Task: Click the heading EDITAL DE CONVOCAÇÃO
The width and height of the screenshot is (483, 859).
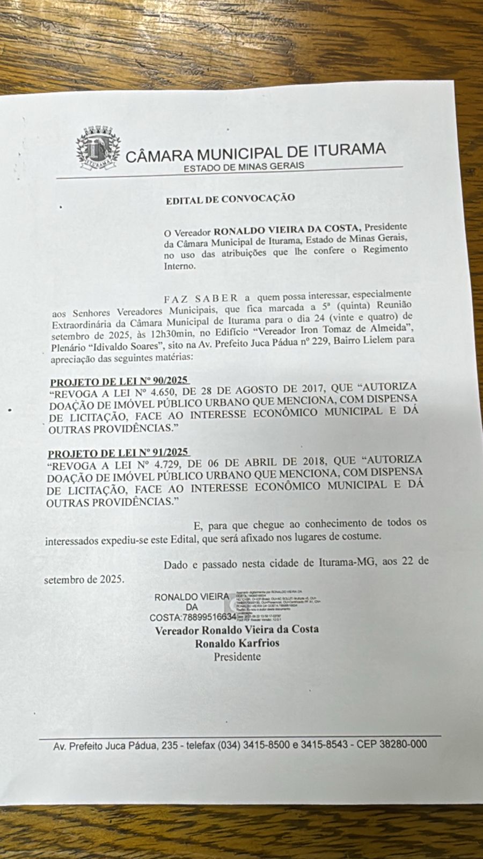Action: (230, 199)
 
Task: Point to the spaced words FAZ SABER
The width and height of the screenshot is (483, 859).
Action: (201, 298)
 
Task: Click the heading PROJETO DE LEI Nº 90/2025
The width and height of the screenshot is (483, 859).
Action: (119, 382)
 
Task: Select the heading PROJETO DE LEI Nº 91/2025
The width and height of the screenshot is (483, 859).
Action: (118, 454)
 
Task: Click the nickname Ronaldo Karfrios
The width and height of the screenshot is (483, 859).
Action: (237, 643)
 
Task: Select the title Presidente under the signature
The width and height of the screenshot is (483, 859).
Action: (237, 657)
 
